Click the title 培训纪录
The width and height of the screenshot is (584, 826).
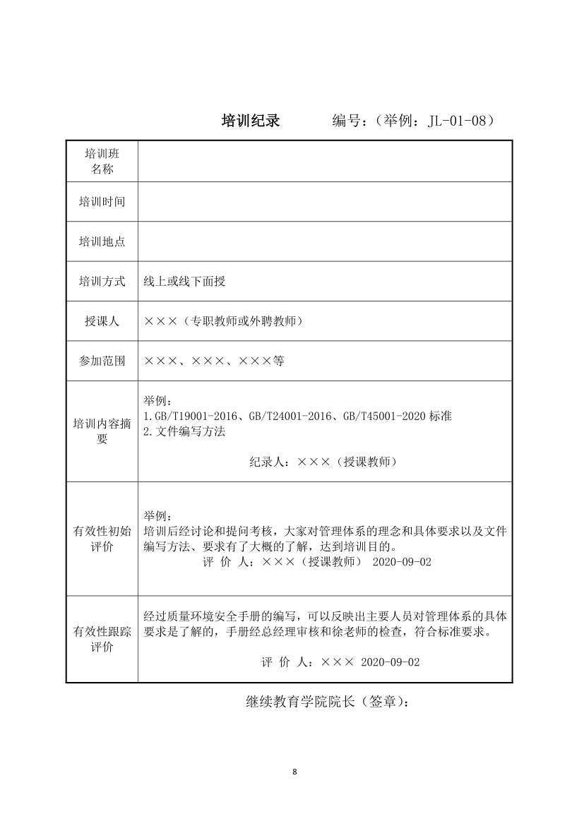[251, 121]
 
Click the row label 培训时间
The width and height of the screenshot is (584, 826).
[102, 202]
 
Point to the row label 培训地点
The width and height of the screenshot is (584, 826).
[102, 241]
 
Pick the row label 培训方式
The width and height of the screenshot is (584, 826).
[102, 282]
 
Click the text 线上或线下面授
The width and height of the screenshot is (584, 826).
[184, 282]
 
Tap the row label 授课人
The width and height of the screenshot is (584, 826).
[102, 321]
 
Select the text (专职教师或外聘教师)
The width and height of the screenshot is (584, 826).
[240, 321]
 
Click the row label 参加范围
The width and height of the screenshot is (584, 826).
[102, 361]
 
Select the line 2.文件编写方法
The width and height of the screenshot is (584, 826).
[184, 431]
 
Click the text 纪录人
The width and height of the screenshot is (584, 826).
[268, 462]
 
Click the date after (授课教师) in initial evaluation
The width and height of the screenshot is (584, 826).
[401, 563]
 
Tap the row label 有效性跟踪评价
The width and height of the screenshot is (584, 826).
[102, 640]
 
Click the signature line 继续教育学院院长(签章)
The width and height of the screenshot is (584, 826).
[327, 702]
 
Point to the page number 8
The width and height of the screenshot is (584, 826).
[294, 771]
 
